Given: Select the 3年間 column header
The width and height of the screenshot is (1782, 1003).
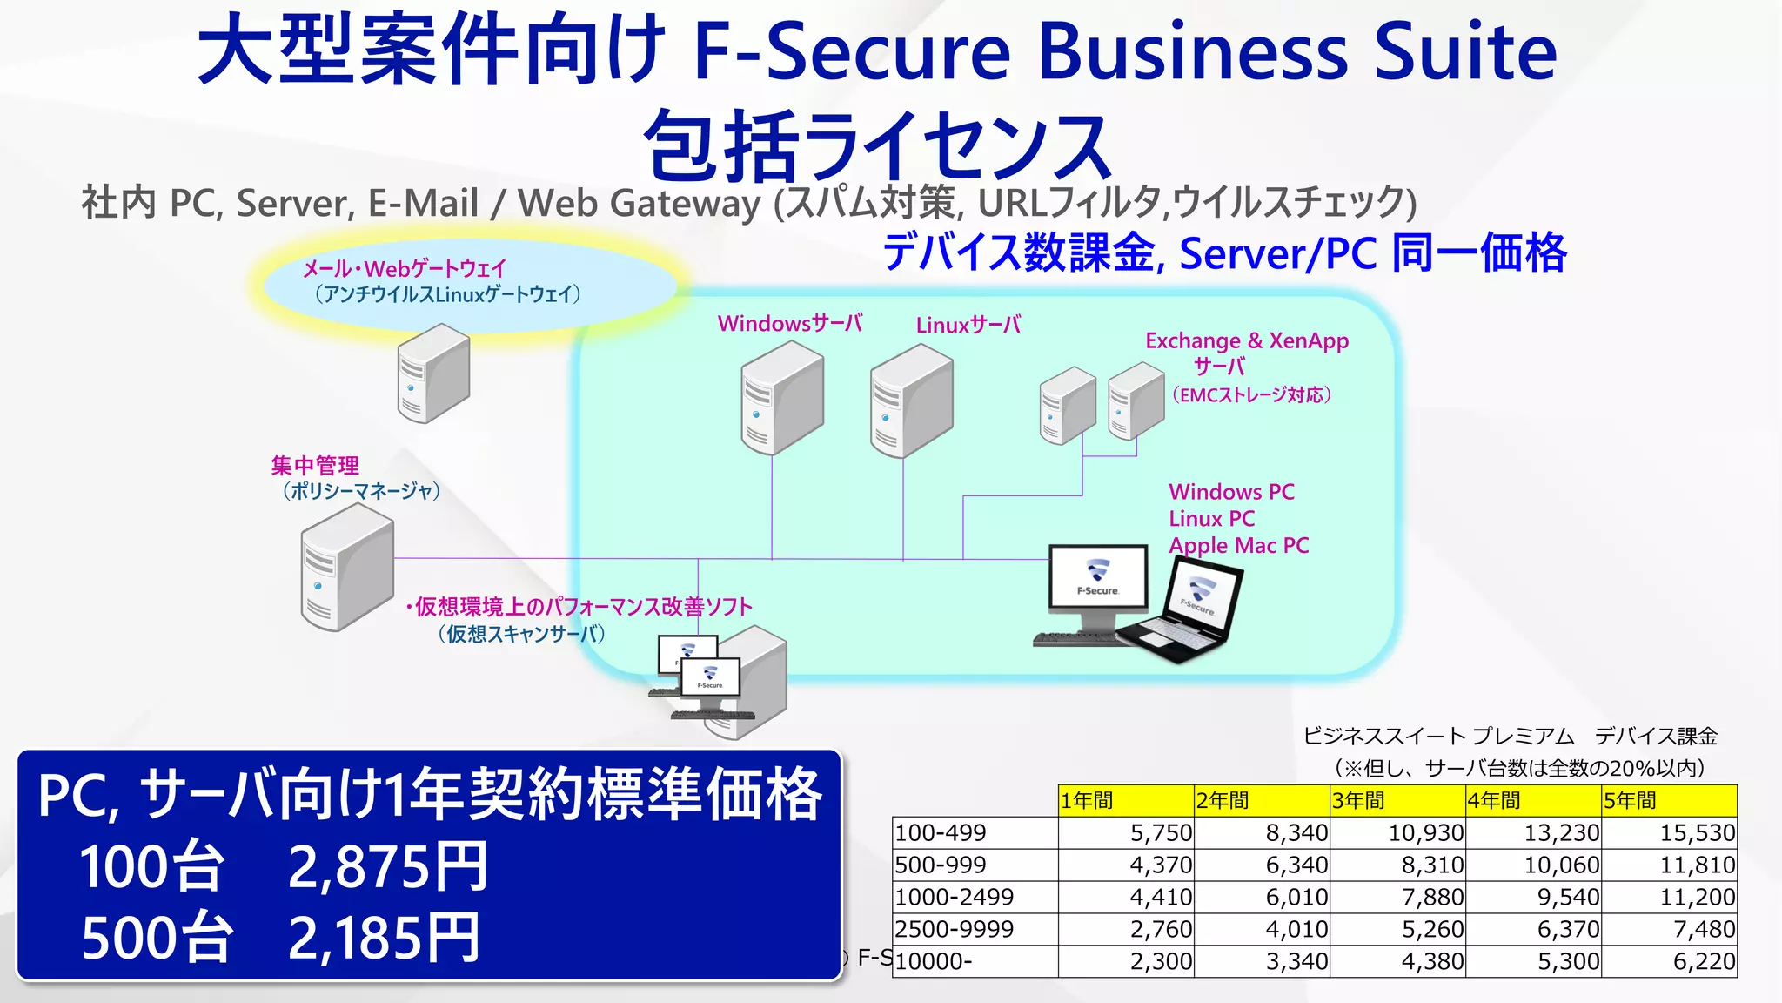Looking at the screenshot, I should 1397,800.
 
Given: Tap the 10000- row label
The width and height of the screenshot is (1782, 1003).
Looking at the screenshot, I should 975,962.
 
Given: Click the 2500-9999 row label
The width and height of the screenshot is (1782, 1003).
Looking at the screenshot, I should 975,930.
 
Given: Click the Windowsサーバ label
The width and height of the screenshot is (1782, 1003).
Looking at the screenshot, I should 790,324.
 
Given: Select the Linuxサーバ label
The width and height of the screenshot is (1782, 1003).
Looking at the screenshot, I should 968,326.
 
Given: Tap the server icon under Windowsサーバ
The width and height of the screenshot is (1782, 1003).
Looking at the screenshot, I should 781,398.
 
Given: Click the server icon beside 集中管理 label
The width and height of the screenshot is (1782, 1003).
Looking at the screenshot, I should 347,568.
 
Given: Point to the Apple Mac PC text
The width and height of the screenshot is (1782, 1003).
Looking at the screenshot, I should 1238,546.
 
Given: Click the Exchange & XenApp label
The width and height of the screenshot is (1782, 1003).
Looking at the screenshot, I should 1246,340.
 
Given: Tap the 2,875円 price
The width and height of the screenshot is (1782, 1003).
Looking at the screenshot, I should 387,867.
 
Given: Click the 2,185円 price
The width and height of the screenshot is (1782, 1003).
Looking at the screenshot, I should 384,939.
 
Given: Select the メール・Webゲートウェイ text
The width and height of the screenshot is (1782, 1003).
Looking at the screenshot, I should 405,269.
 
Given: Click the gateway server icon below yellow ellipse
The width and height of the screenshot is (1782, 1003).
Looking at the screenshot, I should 433,374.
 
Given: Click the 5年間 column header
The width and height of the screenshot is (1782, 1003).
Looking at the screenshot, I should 1669,800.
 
